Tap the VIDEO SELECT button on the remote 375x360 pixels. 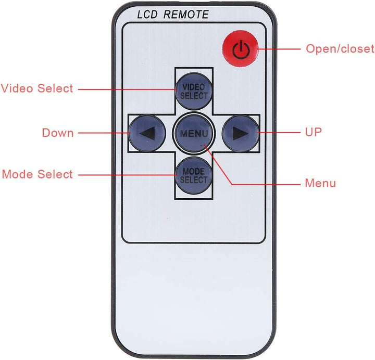(194, 91)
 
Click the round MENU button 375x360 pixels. (194, 133)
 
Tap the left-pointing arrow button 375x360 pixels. (147, 133)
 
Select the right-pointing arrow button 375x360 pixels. (241, 133)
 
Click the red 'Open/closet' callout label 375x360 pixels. (340, 49)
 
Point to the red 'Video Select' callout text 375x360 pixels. (37, 88)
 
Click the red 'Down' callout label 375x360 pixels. (58, 133)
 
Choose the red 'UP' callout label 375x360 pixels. (314, 132)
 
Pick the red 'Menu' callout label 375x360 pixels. (320, 183)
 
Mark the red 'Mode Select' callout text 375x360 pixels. (37, 174)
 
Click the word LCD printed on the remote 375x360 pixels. (147, 15)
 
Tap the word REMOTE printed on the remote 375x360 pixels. (186, 15)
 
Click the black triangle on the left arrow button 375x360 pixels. (148, 133)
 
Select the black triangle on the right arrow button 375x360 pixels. (240, 133)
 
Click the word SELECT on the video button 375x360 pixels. (194, 96)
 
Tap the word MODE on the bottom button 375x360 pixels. (194, 171)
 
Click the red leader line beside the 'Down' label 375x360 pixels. (104, 133)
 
